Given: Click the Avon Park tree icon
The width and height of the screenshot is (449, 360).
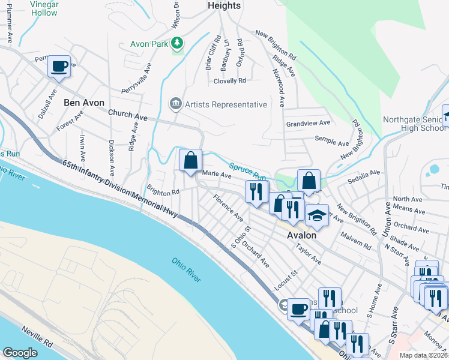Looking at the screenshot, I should pyautogui.click(x=176, y=43).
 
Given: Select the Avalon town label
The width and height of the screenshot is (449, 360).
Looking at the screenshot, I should pyautogui.click(x=302, y=235).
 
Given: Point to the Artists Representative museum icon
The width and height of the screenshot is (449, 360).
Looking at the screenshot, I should pyautogui.click(x=175, y=104).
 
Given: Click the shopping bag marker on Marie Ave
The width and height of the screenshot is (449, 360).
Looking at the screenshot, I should pyautogui.click(x=190, y=161).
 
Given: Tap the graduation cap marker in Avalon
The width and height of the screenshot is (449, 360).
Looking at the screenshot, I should pyautogui.click(x=316, y=215).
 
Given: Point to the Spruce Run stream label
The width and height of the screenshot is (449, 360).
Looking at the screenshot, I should pyautogui.click(x=247, y=172).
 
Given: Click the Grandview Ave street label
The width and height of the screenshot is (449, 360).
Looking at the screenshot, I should pyautogui.click(x=309, y=123).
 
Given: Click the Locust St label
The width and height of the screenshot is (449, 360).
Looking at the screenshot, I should pyautogui.click(x=286, y=277).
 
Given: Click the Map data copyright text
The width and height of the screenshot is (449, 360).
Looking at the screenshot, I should pyautogui.click(x=424, y=355).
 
